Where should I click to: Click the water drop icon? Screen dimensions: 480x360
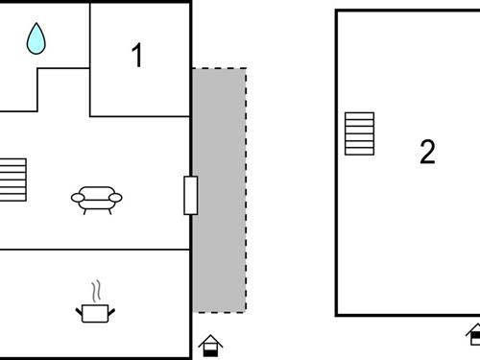(x=36, y=38)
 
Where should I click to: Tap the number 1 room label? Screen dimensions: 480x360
(x=137, y=57)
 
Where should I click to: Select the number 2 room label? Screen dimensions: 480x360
(x=427, y=152)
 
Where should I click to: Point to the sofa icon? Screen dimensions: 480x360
(x=97, y=199)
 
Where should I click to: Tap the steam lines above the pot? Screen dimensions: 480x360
(x=95, y=290)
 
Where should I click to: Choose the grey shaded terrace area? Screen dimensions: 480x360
(x=220, y=192)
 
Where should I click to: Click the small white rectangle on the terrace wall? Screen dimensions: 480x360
(x=190, y=195)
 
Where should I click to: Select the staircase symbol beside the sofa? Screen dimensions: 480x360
(x=13, y=180)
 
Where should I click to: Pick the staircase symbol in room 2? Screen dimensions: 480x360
(x=359, y=133)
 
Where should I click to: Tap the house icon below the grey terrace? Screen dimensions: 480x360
(x=210, y=345)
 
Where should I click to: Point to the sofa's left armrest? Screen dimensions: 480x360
(x=77, y=198)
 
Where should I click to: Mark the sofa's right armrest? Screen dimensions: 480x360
(x=116, y=198)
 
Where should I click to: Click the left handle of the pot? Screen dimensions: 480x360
(x=79, y=309)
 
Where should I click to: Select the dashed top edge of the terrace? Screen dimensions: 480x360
(x=220, y=68)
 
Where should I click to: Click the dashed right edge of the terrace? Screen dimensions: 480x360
(x=246, y=192)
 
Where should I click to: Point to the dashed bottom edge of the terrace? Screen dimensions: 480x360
(x=220, y=312)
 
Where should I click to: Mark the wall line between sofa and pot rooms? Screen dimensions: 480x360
(x=96, y=250)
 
